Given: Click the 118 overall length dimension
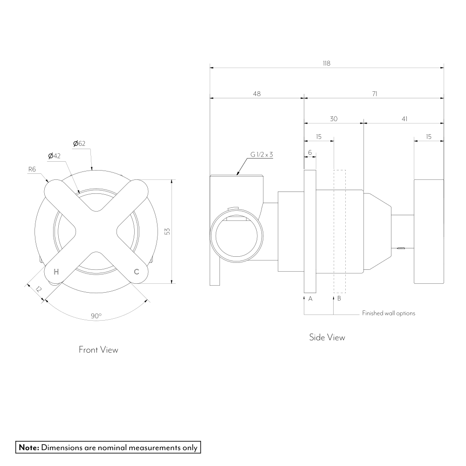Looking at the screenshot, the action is coord(326,63).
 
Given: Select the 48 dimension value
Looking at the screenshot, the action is coord(257,94).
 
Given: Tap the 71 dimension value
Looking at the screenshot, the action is coord(375,94).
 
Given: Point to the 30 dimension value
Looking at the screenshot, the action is coord(334,119).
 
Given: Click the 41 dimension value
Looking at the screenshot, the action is coord(404,119).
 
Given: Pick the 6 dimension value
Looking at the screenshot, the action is coord(310,152).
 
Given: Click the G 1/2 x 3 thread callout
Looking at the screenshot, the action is coord(261,155).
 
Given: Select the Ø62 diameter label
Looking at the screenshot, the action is coord(79,144).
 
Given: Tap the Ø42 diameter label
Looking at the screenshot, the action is coord(55,156).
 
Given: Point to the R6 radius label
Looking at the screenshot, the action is coord(32,169).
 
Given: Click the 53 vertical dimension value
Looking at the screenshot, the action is coord(167,231).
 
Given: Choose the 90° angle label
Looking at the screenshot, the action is coord(96,315).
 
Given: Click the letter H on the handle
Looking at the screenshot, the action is coord(56,272).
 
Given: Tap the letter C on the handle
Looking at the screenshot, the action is coord(137,272).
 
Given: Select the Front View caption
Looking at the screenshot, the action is coord(98,349).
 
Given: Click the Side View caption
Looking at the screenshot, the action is coord(327,337).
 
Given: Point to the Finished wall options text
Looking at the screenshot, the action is coord(389,313).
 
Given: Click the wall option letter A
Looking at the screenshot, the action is coord(310,299).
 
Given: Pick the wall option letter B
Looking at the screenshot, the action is coord(339,298).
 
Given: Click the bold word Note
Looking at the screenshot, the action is coord(29,447).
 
